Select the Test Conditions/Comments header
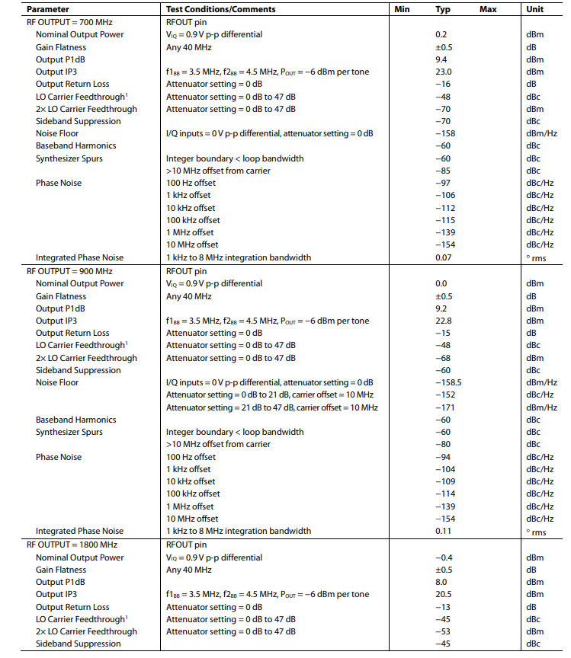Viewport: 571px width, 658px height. click(220, 9)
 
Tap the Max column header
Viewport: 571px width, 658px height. click(488, 9)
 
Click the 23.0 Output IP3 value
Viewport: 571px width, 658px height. click(444, 72)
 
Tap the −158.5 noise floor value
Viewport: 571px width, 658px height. click(447, 382)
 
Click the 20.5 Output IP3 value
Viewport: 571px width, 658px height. click(444, 594)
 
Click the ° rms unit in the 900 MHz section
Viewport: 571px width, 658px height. click(537, 532)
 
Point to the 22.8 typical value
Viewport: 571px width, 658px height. click(444, 321)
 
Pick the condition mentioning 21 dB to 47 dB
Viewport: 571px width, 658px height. click(271, 407)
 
